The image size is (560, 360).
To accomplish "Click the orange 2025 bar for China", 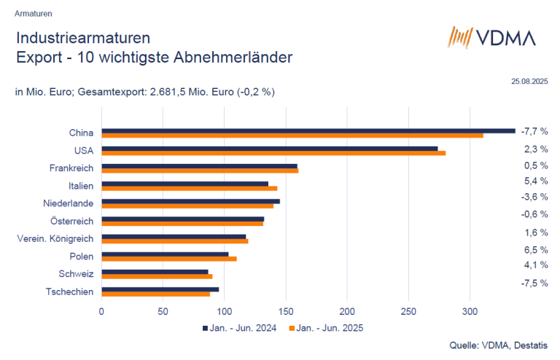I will [292, 136].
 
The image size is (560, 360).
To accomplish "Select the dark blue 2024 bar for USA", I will [269, 149].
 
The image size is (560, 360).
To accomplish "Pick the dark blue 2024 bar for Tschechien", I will [160, 289].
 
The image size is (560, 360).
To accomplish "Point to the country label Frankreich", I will [70, 168].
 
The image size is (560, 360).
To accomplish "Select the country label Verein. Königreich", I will [55, 238].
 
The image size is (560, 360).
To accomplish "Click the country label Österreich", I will [71, 221].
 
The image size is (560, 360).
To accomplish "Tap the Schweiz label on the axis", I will [76, 274].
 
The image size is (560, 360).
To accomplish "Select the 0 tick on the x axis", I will [101, 310].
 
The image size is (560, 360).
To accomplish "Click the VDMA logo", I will [491, 38].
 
